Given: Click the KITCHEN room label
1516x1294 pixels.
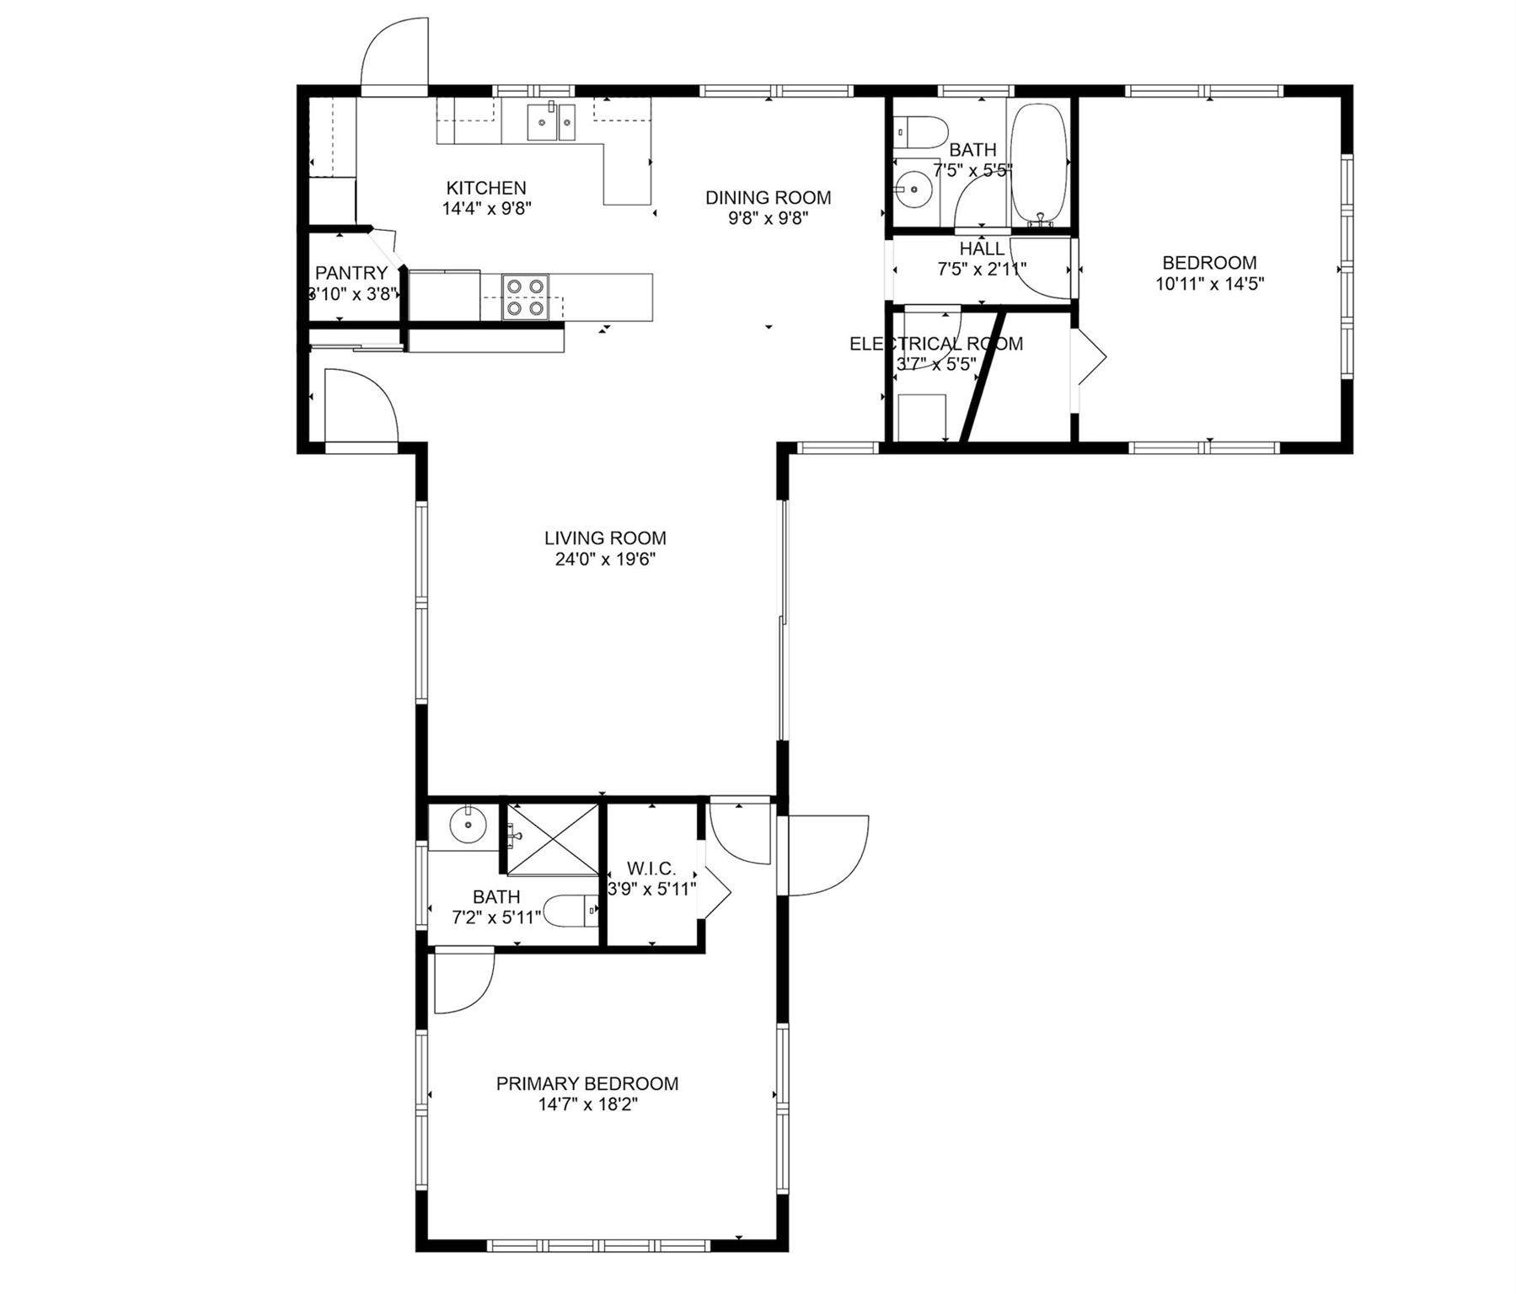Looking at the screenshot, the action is [x=486, y=188].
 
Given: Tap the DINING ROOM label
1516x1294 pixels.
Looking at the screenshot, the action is [x=768, y=198].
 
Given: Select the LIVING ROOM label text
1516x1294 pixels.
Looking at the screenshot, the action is [x=605, y=538].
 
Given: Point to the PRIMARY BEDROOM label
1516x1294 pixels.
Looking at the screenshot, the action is [x=587, y=1084].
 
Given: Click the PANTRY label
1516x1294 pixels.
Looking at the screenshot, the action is [x=351, y=273].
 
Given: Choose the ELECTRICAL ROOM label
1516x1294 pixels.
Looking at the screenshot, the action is [x=936, y=344].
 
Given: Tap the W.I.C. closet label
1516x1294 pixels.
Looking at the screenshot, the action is [x=651, y=869].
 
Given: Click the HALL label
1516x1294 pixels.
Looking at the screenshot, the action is [x=982, y=249].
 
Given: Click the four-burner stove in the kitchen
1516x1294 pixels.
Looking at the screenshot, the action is [x=525, y=297].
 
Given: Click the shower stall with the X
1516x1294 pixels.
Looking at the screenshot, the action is [x=551, y=839].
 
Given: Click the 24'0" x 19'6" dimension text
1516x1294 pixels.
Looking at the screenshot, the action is [x=605, y=559].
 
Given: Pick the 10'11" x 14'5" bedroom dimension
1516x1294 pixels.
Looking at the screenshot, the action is [x=1209, y=284].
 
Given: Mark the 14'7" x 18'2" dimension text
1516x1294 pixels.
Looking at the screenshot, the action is [x=587, y=1105].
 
